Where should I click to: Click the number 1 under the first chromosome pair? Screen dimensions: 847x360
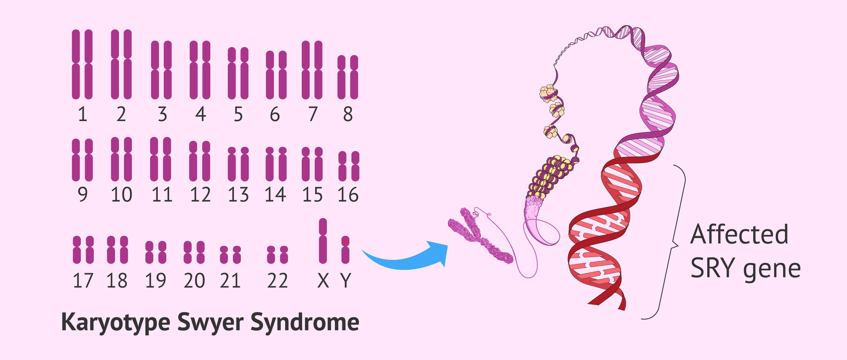coord(83,114)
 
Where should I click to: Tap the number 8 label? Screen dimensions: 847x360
coord(348,114)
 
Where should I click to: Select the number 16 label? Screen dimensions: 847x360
coord(348,195)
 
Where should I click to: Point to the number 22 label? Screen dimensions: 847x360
coord(277,281)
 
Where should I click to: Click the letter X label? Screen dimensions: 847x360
coord(323,281)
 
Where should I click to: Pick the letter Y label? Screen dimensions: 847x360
coord(346,281)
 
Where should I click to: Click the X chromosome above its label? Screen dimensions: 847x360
coord(323,241)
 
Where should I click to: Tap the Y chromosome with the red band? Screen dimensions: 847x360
coord(346,250)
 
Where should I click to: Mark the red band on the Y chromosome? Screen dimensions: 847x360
coord(346,240)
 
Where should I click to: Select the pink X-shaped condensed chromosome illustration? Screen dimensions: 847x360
coord(480,236)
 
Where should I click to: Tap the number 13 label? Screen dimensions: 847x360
coord(239,195)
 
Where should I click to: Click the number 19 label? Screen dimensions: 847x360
coord(156,281)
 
